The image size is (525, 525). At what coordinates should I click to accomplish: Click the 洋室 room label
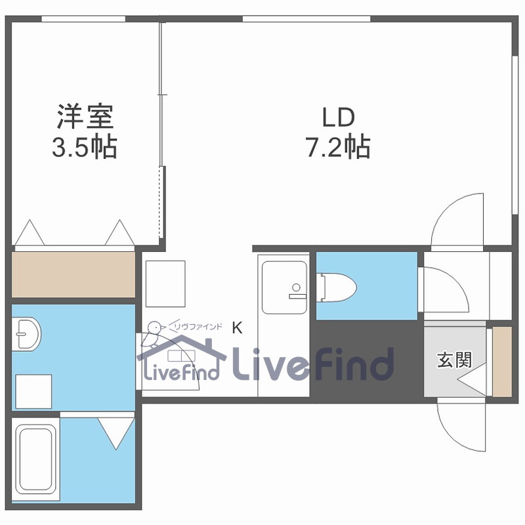click(84, 118)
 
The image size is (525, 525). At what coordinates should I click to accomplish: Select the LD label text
click(338, 118)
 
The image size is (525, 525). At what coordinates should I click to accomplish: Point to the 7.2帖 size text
click(338, 147)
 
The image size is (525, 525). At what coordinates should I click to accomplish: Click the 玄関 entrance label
click(454, 360)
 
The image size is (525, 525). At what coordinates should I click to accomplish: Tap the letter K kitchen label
click(237, 327)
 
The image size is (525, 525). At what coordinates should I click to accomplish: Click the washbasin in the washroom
click(26, 334)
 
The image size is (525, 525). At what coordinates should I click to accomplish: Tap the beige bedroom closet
click(73, 274)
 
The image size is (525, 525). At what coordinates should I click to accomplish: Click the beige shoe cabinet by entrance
click(502, 361)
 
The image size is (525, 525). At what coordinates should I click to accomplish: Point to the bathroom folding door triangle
click(116, 433)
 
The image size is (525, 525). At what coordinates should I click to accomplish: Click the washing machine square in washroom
click(33, 392)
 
